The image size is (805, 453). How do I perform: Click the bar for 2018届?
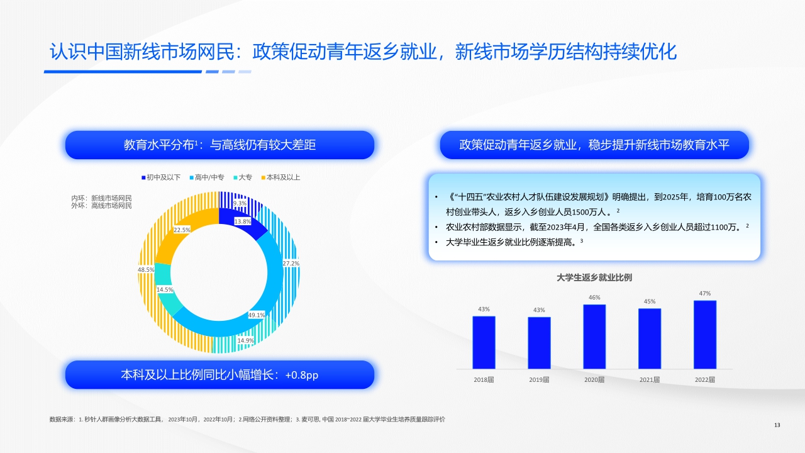pyautogui.click(x=484, y=342)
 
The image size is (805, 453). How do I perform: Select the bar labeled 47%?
pyautogui.click(x=705, y=334)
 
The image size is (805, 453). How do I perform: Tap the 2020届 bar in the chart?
pyautogui.click(x=594, y=337)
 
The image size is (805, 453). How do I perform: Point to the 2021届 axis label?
pyautogui.click(x=650, y=379)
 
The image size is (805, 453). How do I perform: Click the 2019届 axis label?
pyautogui.click(x=539, y=379)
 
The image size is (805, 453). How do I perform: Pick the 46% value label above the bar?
pyautogui.click(x=594, y=298)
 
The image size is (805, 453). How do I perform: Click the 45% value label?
pyautogui.click(x=650, y=301)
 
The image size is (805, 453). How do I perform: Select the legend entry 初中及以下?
pyautogui.click(x=161, y=177)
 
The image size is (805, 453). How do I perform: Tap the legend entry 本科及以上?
pyautogui.click(x=280, y=177)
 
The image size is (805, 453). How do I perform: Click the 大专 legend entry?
pyautogui.click(x=242, y=177)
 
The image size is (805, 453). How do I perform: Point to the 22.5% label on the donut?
pyautogui.click(x=182, y=230)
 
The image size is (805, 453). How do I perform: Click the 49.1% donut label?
pyautogui.click(x=257, y=315)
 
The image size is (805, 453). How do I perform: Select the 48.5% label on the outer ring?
pyautogui.click(x=146, y=270)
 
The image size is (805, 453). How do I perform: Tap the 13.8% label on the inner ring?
pyautogui.click(x=243, y=221)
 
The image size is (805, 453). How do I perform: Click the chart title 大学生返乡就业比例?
pyautogui.click(x=594, y=277)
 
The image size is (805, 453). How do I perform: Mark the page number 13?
pyautogui.click(x=777, y=425)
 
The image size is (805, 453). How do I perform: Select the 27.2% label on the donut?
pyautogui.click(x=291, y=263)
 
